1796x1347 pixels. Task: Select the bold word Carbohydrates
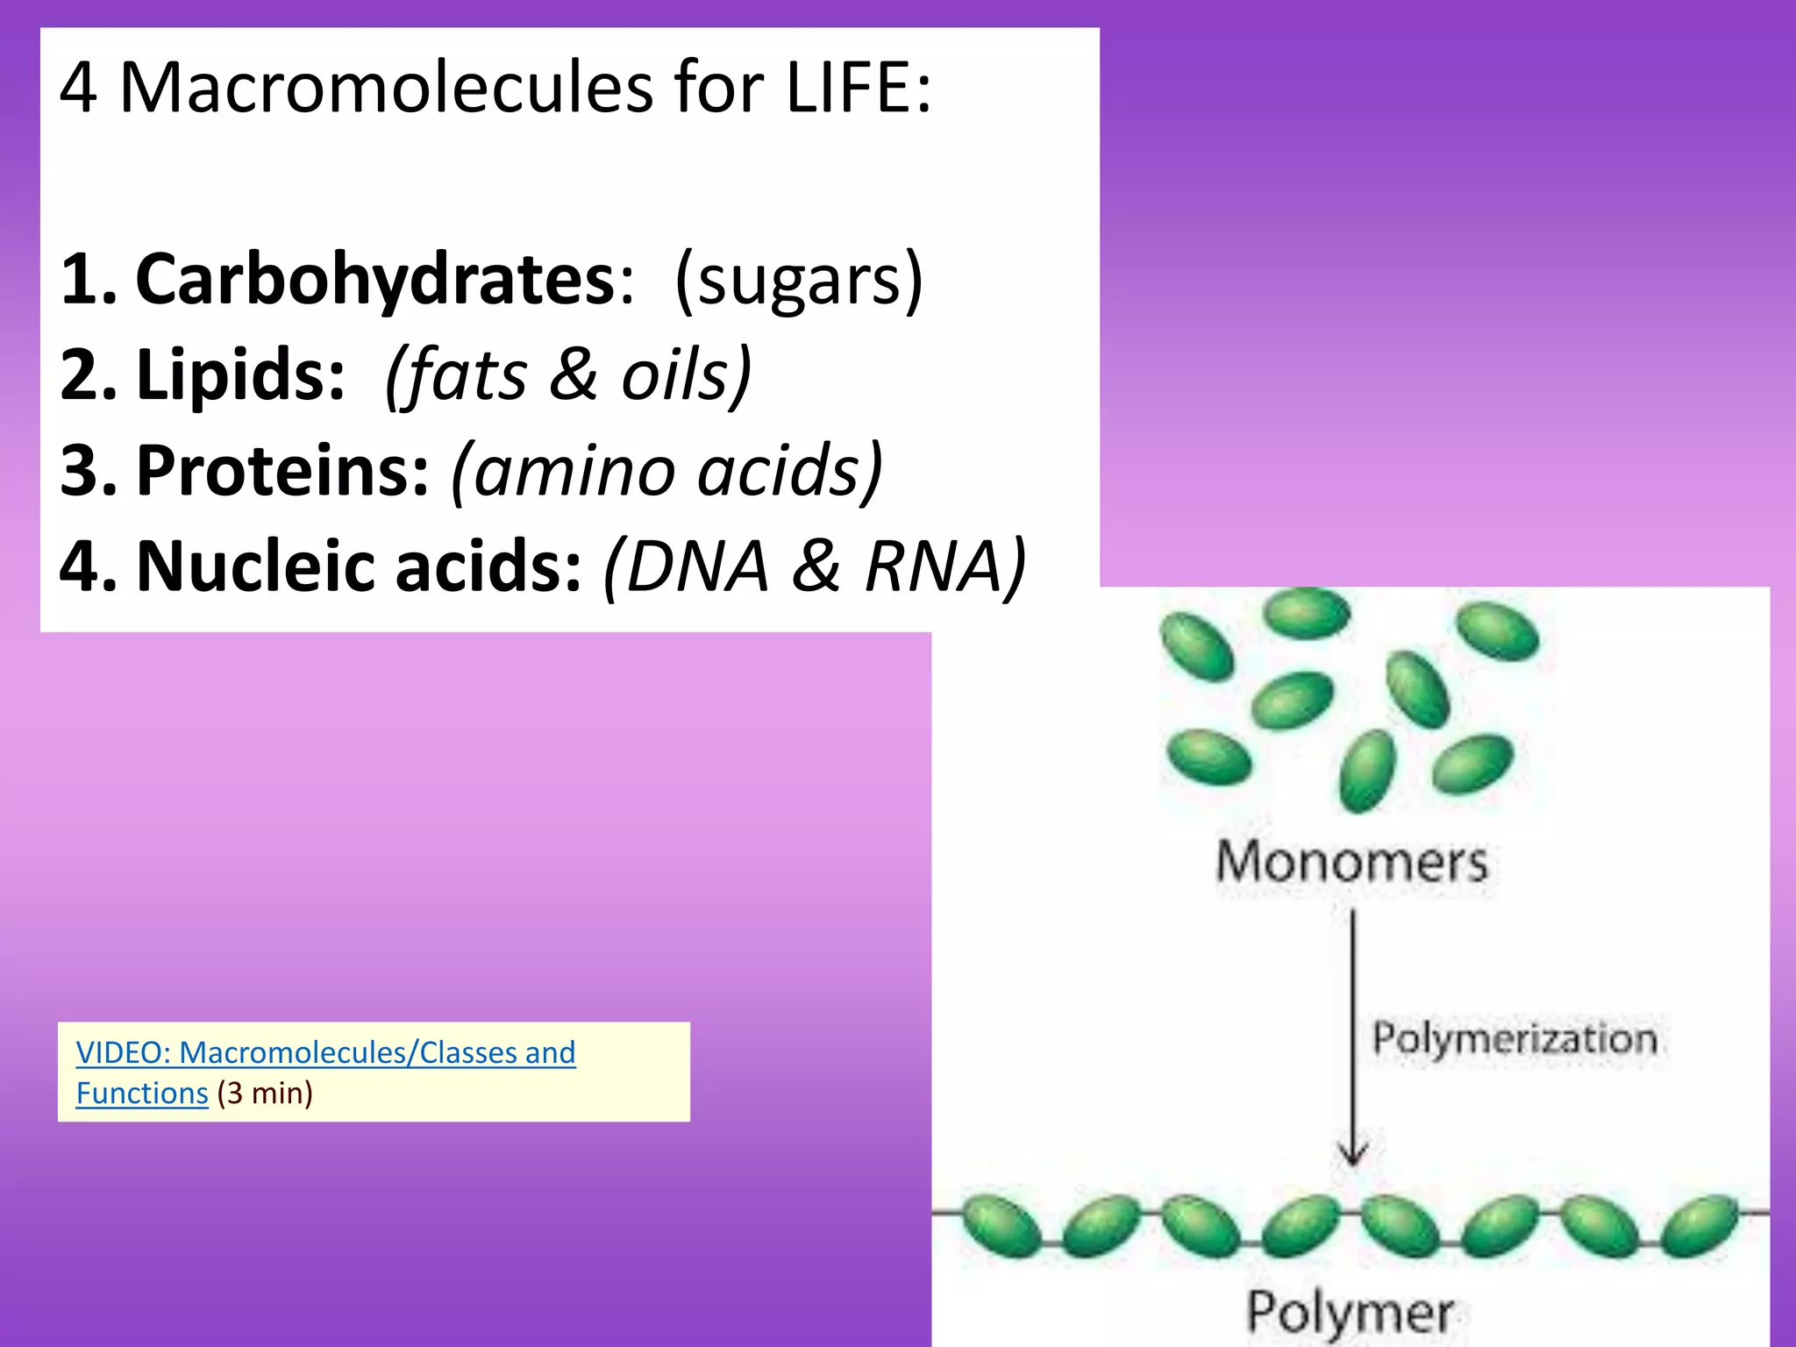pyautogui.click(x=375, y=280)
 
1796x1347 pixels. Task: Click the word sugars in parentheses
pyautogui.click(x=798, y=280)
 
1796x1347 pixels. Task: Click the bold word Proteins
pyautogui.click(x=282, y=471)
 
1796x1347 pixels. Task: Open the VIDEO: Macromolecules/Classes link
pyautogui.click(x=325, y=1052)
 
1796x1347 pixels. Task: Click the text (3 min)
pyautogui.click(x=265, y=1094)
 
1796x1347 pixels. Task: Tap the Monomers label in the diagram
pyautogui.click(x=1351, y=862)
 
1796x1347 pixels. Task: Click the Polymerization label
pyautogui.click(x=1514, y=1039)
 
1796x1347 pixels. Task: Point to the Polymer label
pyautogui.click(x=1350, y=1313)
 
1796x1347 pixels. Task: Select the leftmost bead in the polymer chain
pyautogui.click(x=1000, y=1226)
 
